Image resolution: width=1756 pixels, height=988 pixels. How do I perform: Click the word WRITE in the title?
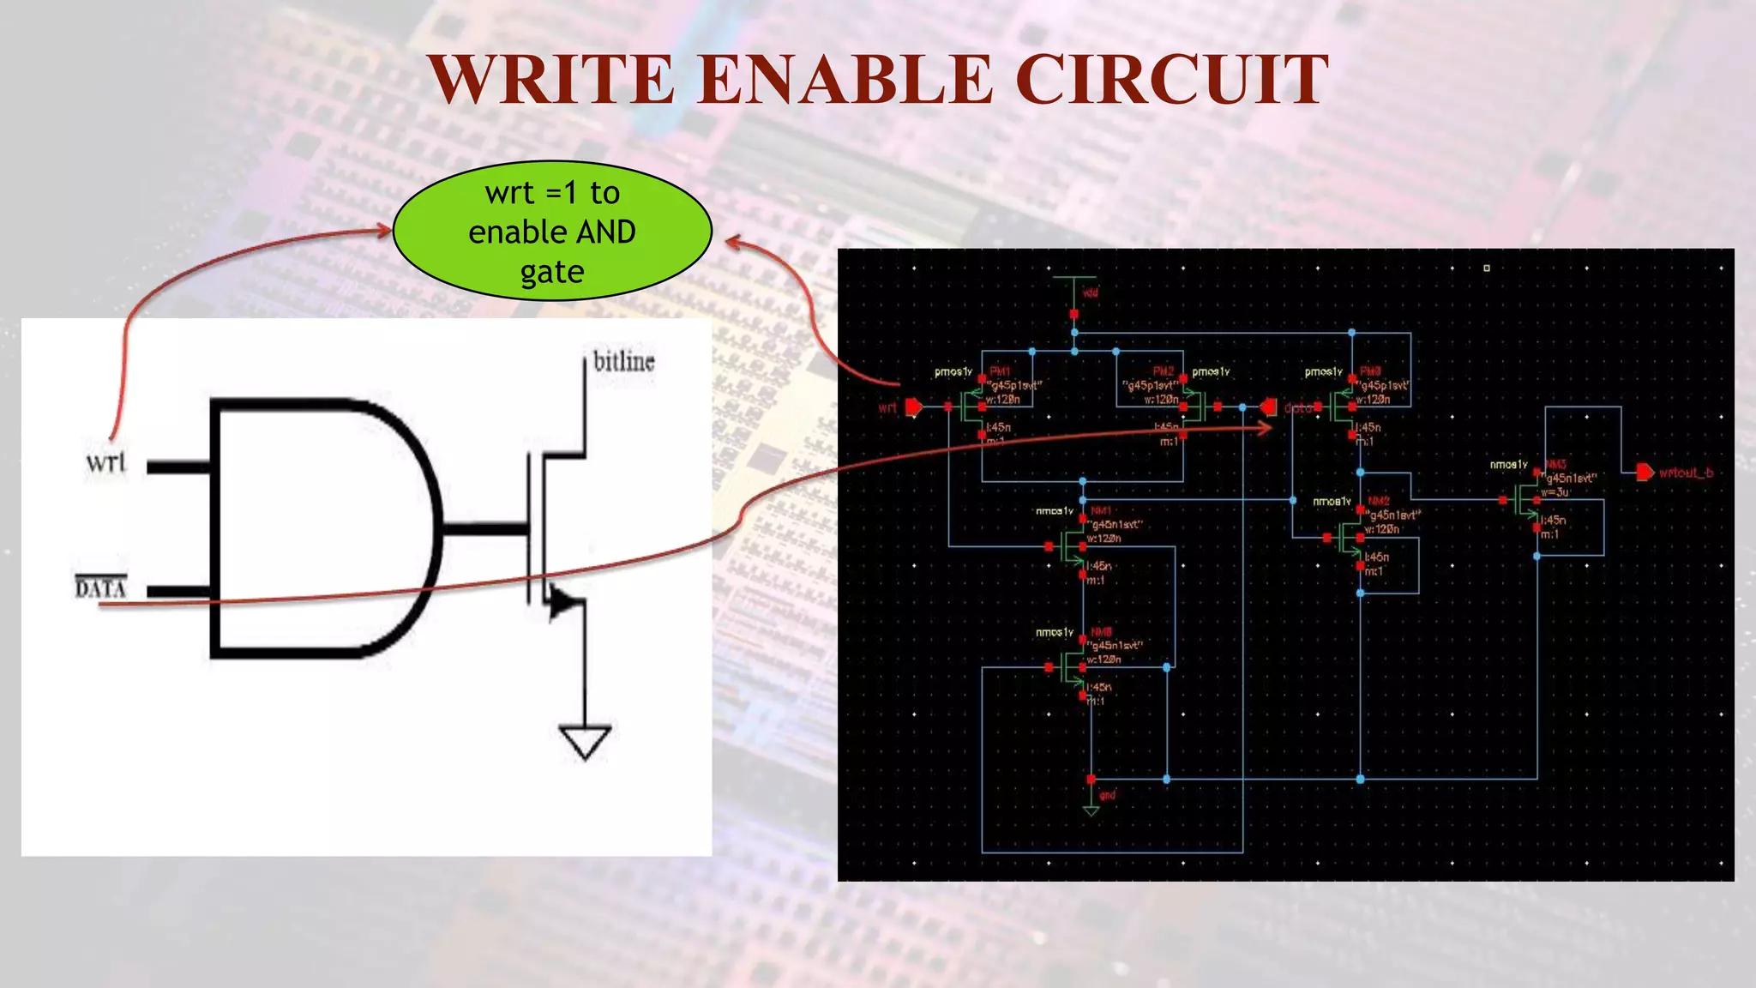[551, 79]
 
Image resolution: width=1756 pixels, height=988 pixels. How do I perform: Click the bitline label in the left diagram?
[623, 361]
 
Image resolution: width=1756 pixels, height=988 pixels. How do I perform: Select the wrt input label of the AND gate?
[105, 463]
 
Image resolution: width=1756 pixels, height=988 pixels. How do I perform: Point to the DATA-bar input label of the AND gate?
[100, 587]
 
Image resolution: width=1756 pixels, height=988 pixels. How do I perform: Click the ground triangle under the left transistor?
[585, 740]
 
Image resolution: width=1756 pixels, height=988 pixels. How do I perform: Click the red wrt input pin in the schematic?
[914, 407]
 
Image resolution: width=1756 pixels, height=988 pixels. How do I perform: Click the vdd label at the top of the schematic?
[1090, 292]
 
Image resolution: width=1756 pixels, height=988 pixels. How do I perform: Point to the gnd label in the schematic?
[1108, 795]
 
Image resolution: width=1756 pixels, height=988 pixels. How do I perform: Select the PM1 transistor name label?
[1000, 371]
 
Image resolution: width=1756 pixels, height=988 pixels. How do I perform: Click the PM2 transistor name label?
[1163, 371]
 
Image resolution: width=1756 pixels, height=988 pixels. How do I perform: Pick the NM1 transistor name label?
[1101, 510]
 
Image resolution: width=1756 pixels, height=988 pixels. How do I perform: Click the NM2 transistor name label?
[1378, 501]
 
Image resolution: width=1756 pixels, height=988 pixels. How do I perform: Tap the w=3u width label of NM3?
[1555, 492]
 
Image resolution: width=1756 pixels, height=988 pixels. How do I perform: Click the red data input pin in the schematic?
[1268, 407]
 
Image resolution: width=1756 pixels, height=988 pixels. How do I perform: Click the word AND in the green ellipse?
[605, 232]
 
